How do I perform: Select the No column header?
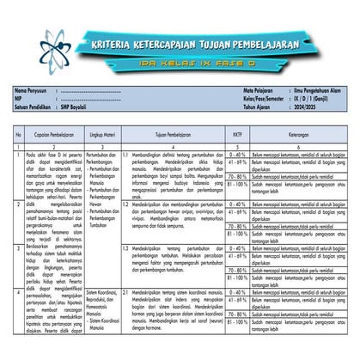pos(18,134)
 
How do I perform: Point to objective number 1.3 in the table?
pos(125,248)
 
